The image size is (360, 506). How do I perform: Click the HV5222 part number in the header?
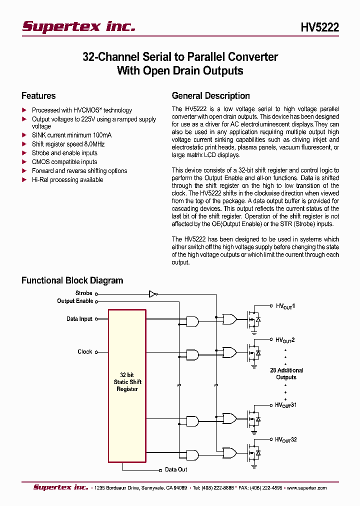pos(319,27)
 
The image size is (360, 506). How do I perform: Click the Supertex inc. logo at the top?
pos(78,26)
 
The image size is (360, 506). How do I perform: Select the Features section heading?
pos(38,96)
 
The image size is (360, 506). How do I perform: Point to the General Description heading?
pos(210,96)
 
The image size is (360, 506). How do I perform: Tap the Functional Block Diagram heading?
pos(72,280)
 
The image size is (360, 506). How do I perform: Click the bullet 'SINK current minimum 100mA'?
pos(71,135)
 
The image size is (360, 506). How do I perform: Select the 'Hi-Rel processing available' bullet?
pos(67,180)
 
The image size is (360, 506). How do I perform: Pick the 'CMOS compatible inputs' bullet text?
pos(64,162)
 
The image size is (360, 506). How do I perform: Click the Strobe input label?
pos(83,293)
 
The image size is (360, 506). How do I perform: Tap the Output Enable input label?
pos(75,301)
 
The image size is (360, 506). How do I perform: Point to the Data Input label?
pos(79,319)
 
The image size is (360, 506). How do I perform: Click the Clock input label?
pos(85,352)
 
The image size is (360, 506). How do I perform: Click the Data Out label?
pos(176,469)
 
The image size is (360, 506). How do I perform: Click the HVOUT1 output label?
pos(285,305)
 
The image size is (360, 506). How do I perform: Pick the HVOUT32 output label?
pos(286,439)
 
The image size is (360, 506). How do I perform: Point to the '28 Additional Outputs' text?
pos(286,374)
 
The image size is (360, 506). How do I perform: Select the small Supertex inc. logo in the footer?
pos(60,487)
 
